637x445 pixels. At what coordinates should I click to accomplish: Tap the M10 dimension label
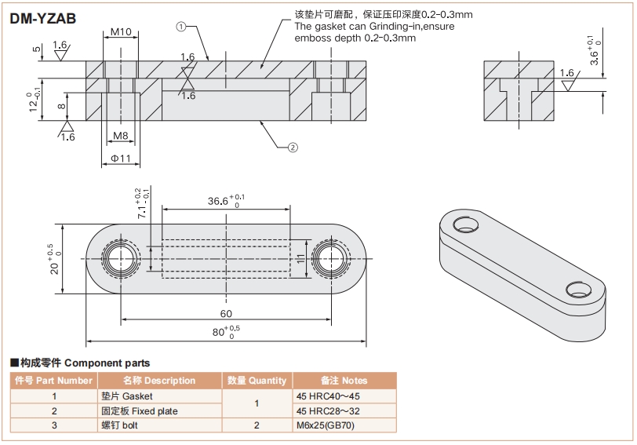(x=120, y=32)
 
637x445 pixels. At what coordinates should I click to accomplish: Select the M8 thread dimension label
(x=120, y=136)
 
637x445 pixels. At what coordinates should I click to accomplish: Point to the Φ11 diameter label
(x=120, y=159)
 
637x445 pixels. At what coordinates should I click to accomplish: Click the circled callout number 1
(x=180, y=26)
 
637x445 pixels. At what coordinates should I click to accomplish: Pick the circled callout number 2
(x=293, y=147)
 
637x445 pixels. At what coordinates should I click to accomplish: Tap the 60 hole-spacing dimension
(x=226, y=314)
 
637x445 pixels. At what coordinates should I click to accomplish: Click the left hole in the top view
(x=121, y=258)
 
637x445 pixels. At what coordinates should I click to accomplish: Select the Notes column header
(x=344, y=381)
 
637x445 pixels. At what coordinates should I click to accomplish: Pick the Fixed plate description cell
(x=139, y=411)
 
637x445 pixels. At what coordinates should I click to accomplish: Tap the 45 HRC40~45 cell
(x=329, y=396)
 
